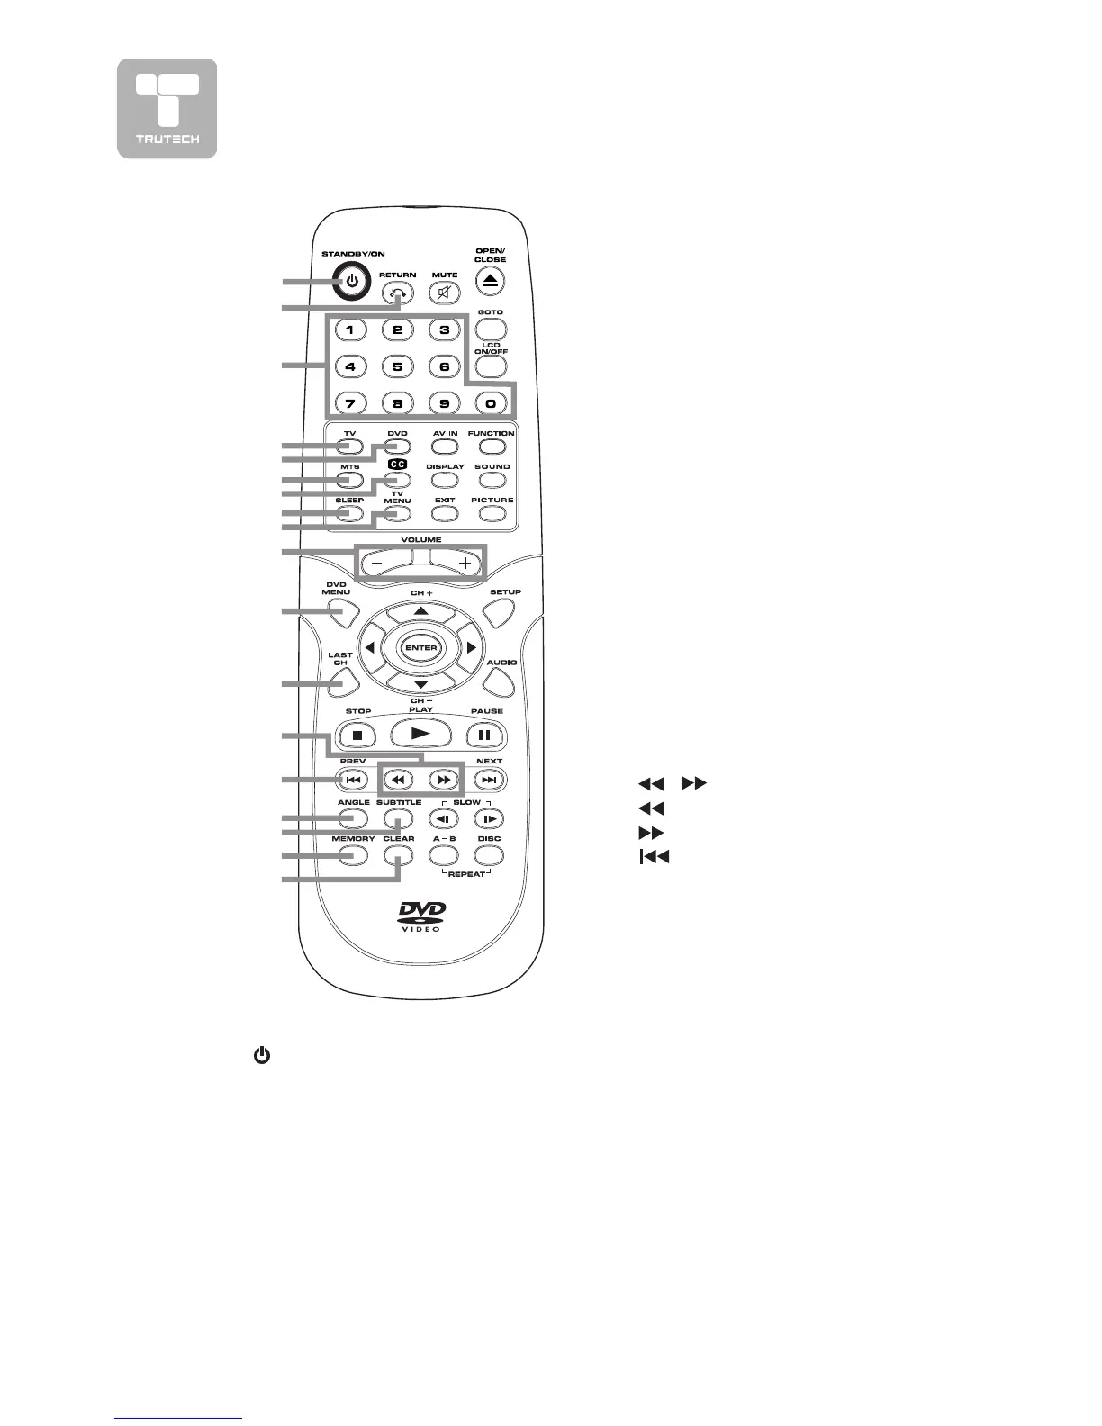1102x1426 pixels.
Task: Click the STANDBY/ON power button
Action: pos(353,282)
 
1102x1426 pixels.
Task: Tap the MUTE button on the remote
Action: pos(444,293)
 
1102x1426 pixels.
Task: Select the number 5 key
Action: pos(397,366)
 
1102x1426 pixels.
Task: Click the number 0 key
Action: pos(491,404)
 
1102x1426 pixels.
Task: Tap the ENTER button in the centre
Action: pos(420,648)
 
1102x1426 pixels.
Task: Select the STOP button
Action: pos(357,735)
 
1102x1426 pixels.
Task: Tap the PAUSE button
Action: pos(484,735)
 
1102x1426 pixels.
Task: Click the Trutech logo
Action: pos(167,109)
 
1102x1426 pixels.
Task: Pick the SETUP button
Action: pos(501,613)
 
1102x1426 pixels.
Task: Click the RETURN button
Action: pos(397,293)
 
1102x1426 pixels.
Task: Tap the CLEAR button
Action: pos(399,856)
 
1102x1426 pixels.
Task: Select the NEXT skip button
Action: pos(489,781)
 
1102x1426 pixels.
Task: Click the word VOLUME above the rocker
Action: pos(420,540)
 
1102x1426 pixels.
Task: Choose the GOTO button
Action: pos(491,329)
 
